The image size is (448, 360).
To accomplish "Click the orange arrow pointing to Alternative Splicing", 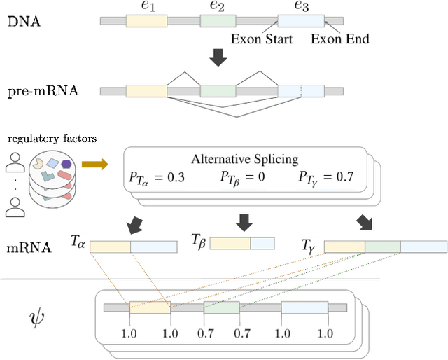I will click(94, 164).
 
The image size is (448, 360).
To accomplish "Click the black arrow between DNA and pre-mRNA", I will click(219, 60).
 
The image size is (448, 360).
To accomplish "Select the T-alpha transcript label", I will click(78, 240).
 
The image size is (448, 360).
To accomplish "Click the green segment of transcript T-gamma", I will click(382, 246).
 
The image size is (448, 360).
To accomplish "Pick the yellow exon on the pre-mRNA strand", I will click(146, 90).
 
